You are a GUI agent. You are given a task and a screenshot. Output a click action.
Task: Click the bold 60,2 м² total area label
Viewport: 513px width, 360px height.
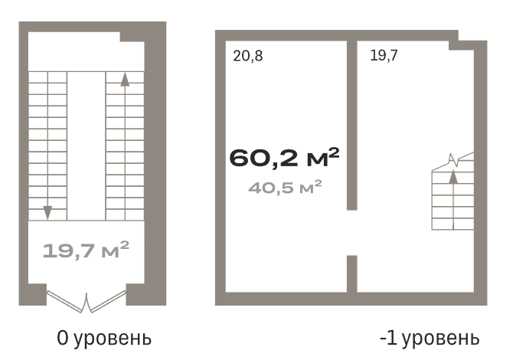tap(283, 159)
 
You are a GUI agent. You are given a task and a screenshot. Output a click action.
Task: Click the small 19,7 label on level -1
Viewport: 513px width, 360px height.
tap(384, 55)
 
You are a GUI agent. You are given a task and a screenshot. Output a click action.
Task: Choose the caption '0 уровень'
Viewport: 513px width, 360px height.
tap(104, 338)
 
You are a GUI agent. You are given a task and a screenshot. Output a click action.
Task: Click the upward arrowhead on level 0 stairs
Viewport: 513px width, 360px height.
tap(125, 78)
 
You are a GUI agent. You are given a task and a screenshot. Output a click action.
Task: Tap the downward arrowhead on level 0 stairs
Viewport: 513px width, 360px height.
tap(47, 211)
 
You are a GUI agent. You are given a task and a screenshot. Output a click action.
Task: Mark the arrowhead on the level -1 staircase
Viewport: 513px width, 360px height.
tap(453, 178)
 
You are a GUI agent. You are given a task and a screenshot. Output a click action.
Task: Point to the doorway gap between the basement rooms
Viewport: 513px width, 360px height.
tap(351, 233)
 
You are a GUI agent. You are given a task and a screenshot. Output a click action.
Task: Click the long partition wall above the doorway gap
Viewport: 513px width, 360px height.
tap(351, 123)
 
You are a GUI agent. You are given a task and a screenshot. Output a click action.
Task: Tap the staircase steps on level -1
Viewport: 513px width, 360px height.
tap(453, 203)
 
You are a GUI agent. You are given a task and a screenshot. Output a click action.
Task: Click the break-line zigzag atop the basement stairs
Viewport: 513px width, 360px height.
tap(453, 161)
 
